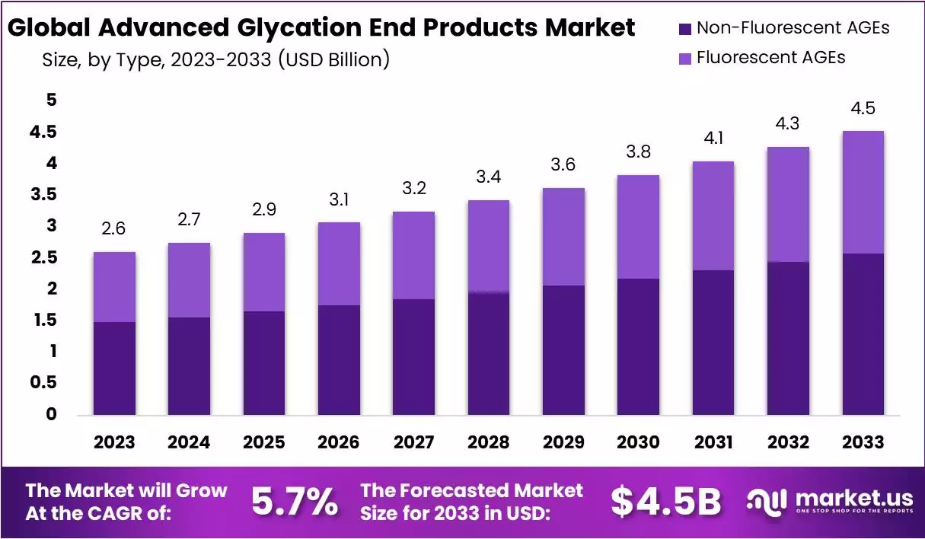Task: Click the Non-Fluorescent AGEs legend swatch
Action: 684,29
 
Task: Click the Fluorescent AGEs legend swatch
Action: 684,57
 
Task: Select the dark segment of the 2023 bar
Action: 115,368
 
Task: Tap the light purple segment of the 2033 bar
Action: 863,192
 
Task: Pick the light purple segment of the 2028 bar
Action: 488,246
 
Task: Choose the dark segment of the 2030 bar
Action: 638,346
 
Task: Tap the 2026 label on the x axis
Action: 339,442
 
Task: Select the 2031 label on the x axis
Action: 713,442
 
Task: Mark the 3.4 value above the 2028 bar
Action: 488,177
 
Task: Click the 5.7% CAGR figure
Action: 294,501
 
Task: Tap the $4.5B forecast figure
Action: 665,501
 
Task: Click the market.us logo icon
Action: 767,501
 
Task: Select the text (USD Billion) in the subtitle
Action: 333,59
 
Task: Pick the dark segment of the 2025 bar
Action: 264,362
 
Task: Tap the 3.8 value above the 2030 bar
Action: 638,152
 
